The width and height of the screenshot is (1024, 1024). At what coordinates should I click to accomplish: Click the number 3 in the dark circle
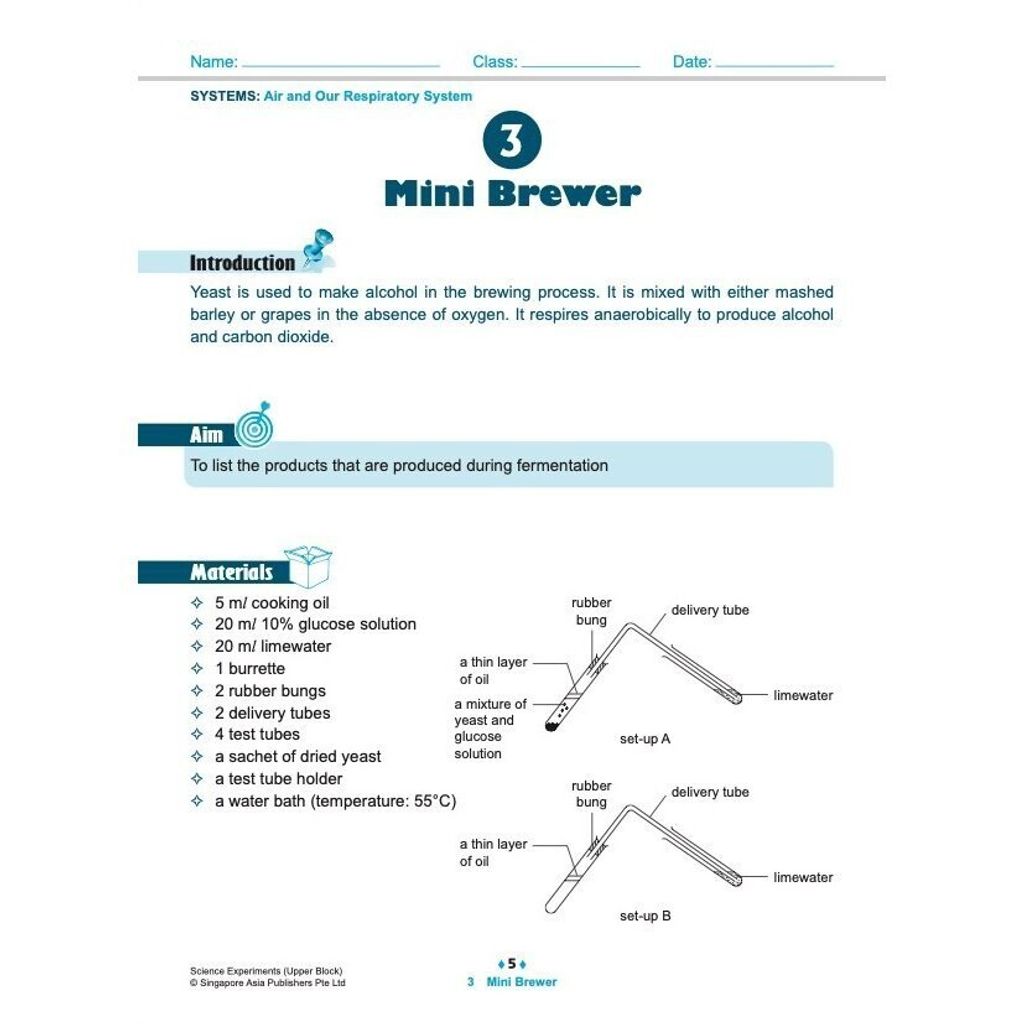[x=511, y=141]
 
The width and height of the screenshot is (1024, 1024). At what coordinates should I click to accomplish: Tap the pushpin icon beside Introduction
[x=317, y=249]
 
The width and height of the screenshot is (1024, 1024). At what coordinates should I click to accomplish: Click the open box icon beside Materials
[x=308, y=566]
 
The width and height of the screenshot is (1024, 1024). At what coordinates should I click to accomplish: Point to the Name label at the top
[x=213, y=62]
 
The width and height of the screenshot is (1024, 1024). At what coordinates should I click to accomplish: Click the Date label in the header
[x=692, y=62]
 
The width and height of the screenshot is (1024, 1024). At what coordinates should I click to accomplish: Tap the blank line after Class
[x=581, y=65]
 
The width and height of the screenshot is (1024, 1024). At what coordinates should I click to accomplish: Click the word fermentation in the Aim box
[x=562, y=465]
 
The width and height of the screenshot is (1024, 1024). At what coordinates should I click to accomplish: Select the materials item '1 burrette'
[x=250, y=668]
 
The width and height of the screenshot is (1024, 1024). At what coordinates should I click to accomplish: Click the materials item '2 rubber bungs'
[x=270, y=691]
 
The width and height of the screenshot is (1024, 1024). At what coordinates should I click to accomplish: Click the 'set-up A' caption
[x=645, y=739]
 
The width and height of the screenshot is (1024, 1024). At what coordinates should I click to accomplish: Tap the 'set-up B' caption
[x=645, y=915]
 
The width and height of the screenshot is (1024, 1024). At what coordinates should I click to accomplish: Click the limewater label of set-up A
[x=803, y=695]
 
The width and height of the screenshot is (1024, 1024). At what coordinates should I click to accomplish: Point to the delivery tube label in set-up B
[x=710, y=792]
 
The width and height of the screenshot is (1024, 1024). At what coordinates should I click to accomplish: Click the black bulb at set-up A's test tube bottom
[x=549, y=727]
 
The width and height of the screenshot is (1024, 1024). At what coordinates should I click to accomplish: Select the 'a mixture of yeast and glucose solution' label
[x=490, y=728]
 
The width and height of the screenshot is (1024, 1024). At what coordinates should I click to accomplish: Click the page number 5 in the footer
[x=512, y=964]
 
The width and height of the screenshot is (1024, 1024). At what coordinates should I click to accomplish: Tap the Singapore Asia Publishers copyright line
[x=267, y=983]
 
